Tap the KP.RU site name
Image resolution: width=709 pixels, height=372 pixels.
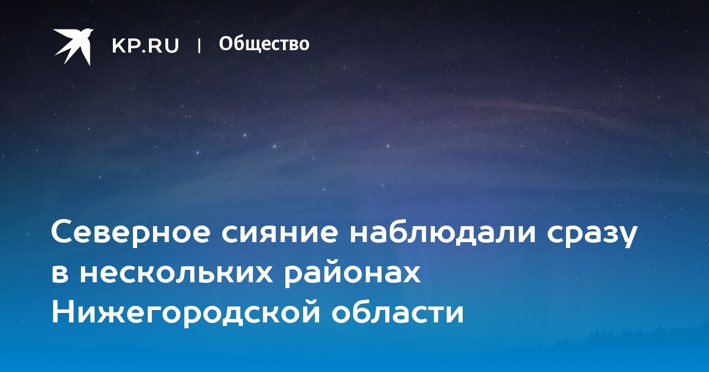click(x=145, y=45)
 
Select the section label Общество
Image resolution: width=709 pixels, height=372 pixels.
click(x=264, y=44)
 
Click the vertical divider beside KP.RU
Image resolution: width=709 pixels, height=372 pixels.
click(x=199, y=45)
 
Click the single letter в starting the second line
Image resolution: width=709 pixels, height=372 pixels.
click(x=60, y=273)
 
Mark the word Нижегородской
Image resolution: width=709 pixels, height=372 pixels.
click(x=186, y=313)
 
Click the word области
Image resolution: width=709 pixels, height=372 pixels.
click(x=398, y=313)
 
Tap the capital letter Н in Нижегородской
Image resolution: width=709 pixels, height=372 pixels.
click(x=62, y=312)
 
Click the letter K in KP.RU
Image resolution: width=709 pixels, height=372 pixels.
click(x=118, y=45)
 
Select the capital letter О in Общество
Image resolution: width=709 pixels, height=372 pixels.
click(x=226, y=44)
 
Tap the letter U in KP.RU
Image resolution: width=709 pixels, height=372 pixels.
click(x=172, y=45)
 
